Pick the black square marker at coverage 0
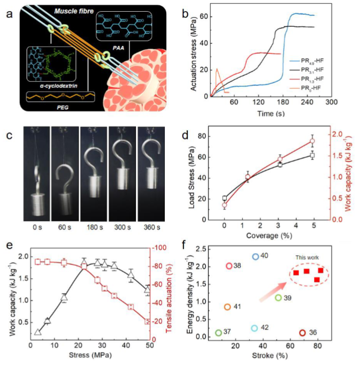click(225, 198)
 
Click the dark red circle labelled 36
click(302, 333)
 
